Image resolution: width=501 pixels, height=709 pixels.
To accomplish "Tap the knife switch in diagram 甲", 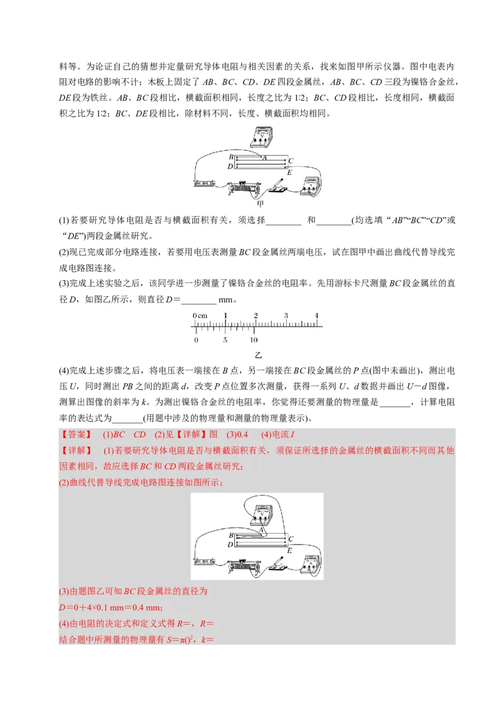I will coord(279,185).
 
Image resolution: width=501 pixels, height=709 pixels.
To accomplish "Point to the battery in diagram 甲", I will coord(204,183).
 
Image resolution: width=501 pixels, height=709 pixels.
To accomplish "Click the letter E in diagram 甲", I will coord(289,172).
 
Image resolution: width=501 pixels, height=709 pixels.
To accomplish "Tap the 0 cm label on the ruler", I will coord(200,315).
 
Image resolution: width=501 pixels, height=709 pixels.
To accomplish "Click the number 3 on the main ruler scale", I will coord(286,315).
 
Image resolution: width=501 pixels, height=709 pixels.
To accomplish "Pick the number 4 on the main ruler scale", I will coord(316,315).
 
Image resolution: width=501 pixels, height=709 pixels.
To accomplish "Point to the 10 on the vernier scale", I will coord(254,340).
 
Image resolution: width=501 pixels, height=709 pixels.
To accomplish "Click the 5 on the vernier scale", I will coord(225,340).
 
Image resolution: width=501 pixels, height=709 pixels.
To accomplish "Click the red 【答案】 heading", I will coord(76,435).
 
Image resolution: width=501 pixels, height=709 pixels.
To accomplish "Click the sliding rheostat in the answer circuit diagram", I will coord(243,566).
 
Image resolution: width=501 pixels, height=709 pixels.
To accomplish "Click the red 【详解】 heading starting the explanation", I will coord(76,450).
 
